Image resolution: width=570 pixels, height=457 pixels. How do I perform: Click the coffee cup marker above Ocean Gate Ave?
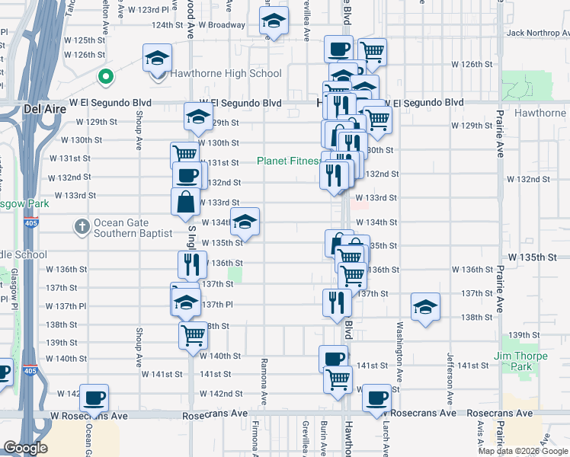coord(94,397)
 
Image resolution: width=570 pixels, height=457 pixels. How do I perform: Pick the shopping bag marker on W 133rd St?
coord(185,202)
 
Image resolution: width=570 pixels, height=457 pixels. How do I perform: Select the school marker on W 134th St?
coord(245,222)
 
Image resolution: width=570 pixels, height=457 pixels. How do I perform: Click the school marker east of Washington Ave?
coord(425,307)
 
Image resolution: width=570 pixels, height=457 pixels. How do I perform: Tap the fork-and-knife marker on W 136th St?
coord(192,264)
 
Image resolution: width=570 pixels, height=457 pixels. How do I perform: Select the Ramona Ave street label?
coord(264,381)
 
